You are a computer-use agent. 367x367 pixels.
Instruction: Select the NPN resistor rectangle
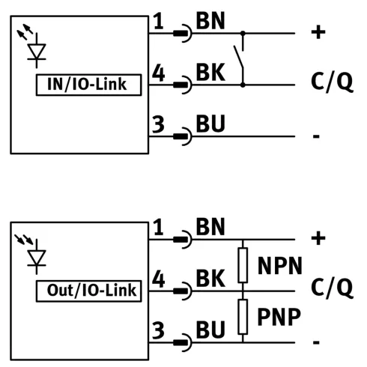click(243, 265)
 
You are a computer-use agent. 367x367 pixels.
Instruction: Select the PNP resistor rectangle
click(243, 317)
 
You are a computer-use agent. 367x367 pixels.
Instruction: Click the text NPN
click(279, 266)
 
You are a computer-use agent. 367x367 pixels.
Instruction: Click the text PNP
click(279, 317)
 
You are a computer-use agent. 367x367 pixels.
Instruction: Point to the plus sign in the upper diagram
click(318, 32)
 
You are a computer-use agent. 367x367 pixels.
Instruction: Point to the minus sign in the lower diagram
click(316, 342)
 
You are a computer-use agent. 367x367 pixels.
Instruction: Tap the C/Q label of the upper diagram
click(332, 81)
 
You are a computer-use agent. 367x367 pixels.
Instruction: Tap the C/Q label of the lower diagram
click(332, 288)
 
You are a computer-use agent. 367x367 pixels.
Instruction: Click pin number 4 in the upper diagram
click(159, 73)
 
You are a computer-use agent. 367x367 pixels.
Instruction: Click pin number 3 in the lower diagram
click(158, 330)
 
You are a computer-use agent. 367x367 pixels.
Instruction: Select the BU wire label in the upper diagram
click(210, 124)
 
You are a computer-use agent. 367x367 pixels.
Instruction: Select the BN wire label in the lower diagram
click(210, 226)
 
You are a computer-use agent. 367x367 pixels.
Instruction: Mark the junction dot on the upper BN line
click(243, 33)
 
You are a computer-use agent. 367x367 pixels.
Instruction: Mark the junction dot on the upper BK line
click(243, 85)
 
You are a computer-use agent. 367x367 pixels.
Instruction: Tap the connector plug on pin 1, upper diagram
click(183, 33)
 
